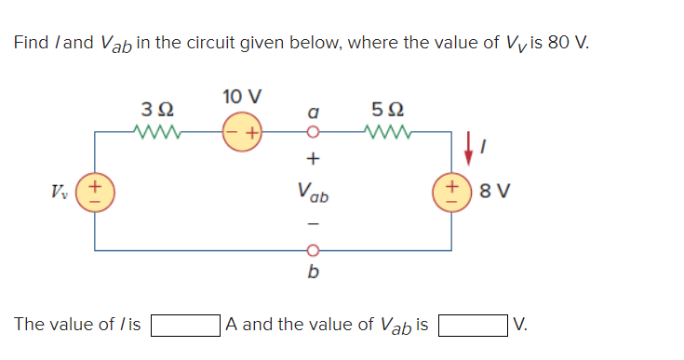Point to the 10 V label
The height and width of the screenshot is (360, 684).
click(242, 97)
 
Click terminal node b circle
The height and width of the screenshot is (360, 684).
click(314, 250)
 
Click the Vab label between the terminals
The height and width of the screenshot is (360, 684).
click(314, 193)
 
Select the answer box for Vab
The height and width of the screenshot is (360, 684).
click(474, 326)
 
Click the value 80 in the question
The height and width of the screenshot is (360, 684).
click(553, 43)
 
